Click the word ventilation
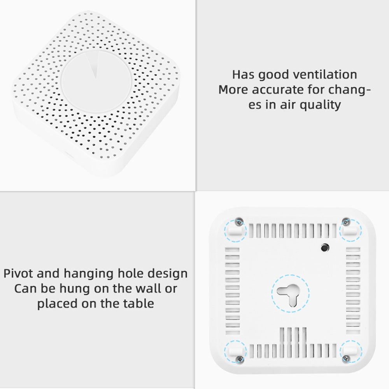[325, 74]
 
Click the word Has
[243, 74]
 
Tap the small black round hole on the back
[325, 247]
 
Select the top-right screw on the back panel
[346, 222]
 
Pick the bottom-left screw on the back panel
[240, 359]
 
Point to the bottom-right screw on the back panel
[346, 359]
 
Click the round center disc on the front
[96, 82]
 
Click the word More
[233, 89]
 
